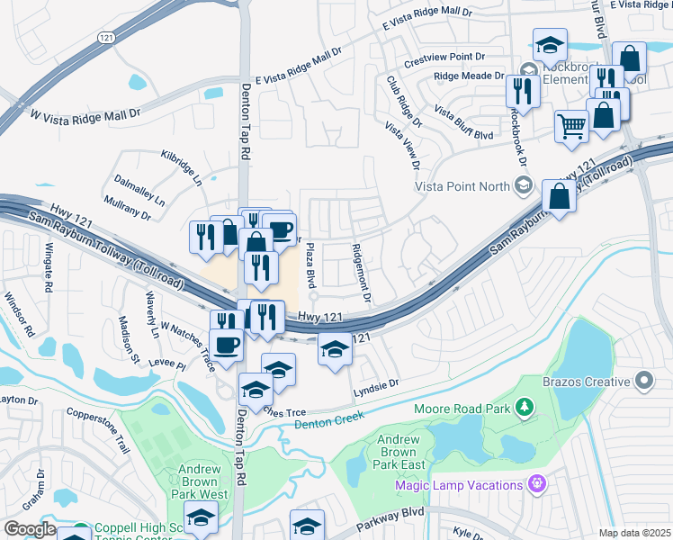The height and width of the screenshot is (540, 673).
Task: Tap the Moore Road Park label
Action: click(462, 409)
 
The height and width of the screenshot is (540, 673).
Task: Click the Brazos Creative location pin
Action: click(642, 382)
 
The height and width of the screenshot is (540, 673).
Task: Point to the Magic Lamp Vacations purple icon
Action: click(537, 485)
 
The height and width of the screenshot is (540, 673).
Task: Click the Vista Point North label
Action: click(460, 186)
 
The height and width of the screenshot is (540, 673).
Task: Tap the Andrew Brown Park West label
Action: click(199, 482)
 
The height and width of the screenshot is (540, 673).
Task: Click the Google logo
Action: click(30, 529)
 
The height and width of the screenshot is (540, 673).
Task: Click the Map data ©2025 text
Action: click(633, 533)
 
